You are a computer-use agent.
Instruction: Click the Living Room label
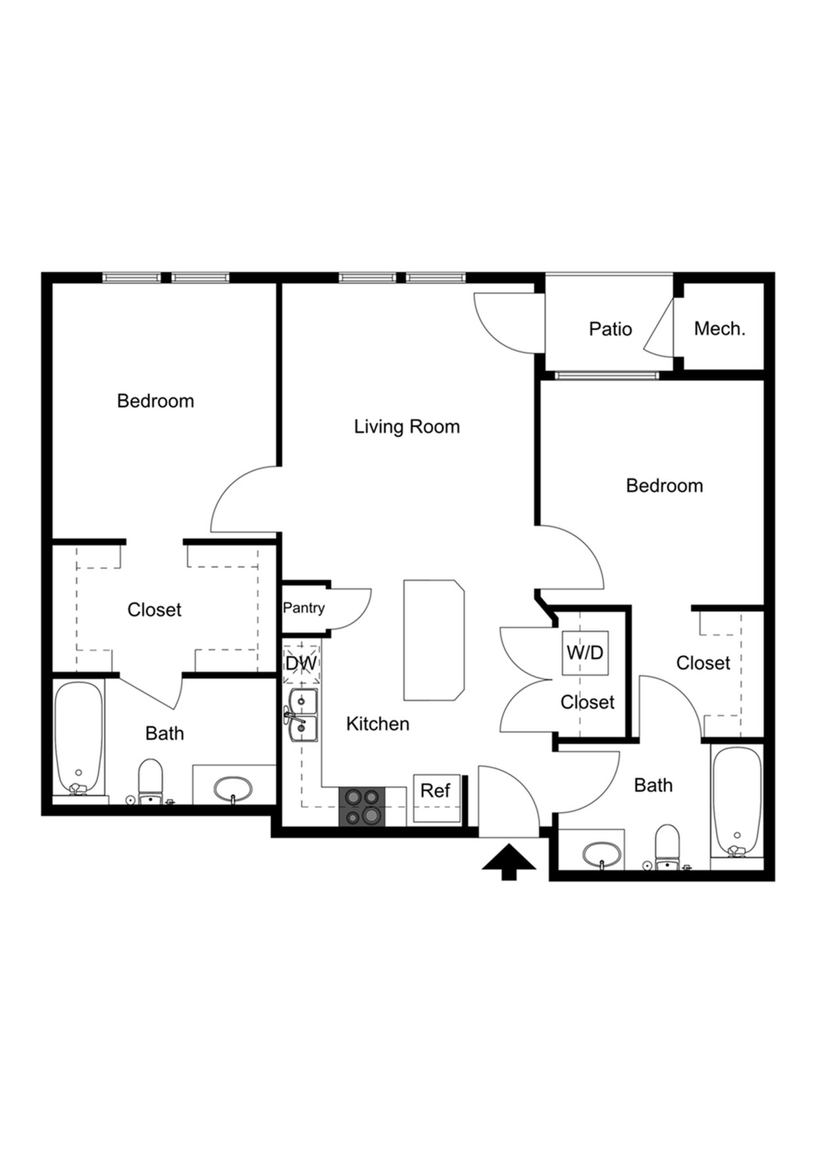point(407,426)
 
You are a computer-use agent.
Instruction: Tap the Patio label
point(610,328)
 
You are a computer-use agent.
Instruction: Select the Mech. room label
point(719,328)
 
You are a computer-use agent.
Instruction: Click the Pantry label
point(303,607)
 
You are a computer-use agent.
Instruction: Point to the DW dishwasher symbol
point(301,663)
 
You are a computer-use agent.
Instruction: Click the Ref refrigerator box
point(436,791)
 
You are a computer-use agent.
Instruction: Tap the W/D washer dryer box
point(585,653)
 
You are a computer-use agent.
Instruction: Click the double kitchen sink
point(303,715)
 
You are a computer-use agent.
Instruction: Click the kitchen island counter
point(434,640)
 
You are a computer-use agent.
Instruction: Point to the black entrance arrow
point(509,862)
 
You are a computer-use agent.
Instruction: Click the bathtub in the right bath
point(737,801)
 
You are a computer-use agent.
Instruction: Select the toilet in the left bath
point(151,781)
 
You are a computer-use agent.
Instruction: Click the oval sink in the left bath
point(233,788)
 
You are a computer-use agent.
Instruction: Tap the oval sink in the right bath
point(601,855)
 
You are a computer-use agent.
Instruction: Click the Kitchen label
point(378,724)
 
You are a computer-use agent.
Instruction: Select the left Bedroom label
point(155,401)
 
